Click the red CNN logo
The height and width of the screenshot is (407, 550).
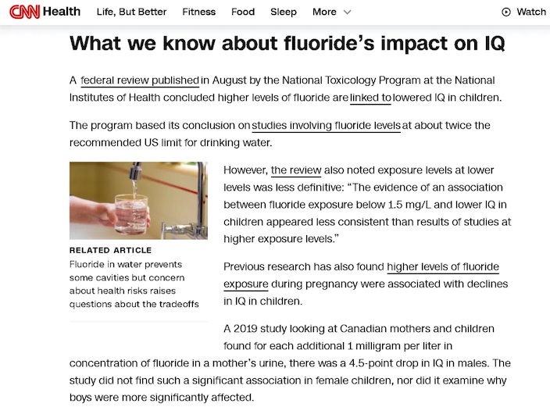pos(24,12)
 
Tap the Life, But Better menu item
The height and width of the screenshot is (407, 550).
pos(131,12)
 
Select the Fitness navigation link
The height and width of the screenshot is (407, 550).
pos(199,12)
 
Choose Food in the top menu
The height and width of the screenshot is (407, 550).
pos(243,12)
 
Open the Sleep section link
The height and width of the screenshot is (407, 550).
pos(284,12)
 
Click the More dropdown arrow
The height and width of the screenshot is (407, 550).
pos(347,12)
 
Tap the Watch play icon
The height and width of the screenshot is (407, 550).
pos(506,12)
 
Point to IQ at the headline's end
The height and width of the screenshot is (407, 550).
pos(495,44)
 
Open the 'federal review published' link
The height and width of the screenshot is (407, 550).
pos(140,80)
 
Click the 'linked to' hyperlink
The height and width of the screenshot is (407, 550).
pos(370,98)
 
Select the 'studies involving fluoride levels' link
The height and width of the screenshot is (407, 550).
pos(327,125)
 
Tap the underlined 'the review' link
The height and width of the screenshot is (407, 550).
pos(296,170)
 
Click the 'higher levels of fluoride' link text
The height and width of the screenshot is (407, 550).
pos(443,266)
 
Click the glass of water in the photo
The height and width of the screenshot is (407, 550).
pos(130,214)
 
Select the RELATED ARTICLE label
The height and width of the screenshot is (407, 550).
pos(110,250)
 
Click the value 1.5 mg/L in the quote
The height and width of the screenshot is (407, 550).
pos(409,205)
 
